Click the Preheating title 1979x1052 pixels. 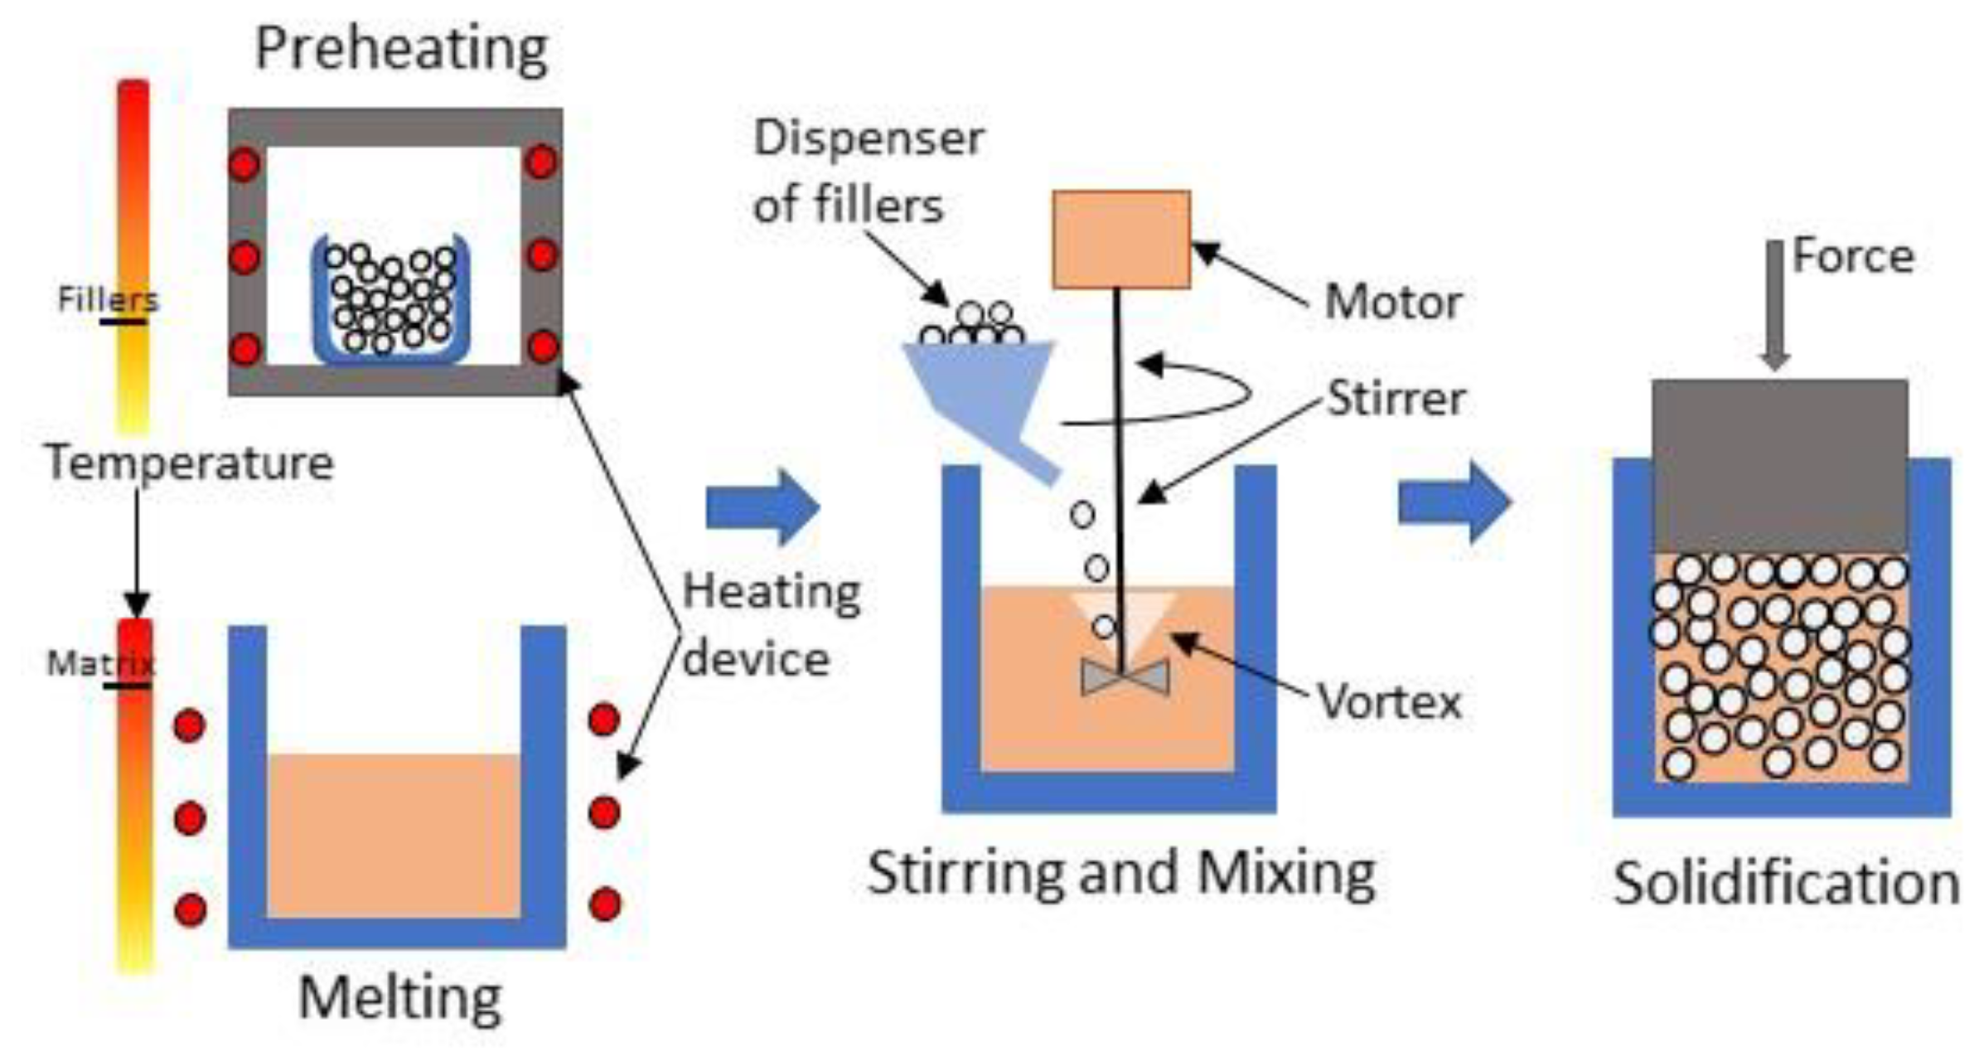coord(401,50)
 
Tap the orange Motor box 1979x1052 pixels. coord(1120,240)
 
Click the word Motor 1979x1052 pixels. coord(1392,302)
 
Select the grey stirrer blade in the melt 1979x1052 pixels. coord(1125,677)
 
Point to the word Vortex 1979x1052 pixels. coord(1389,702)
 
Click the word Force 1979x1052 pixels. coord(1853,256)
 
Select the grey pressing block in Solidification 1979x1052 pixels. coord(1779,465)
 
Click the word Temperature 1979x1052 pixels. coord(190,463)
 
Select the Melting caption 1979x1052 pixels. coord(399,997)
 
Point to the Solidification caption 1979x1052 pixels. coord(1786,884)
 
